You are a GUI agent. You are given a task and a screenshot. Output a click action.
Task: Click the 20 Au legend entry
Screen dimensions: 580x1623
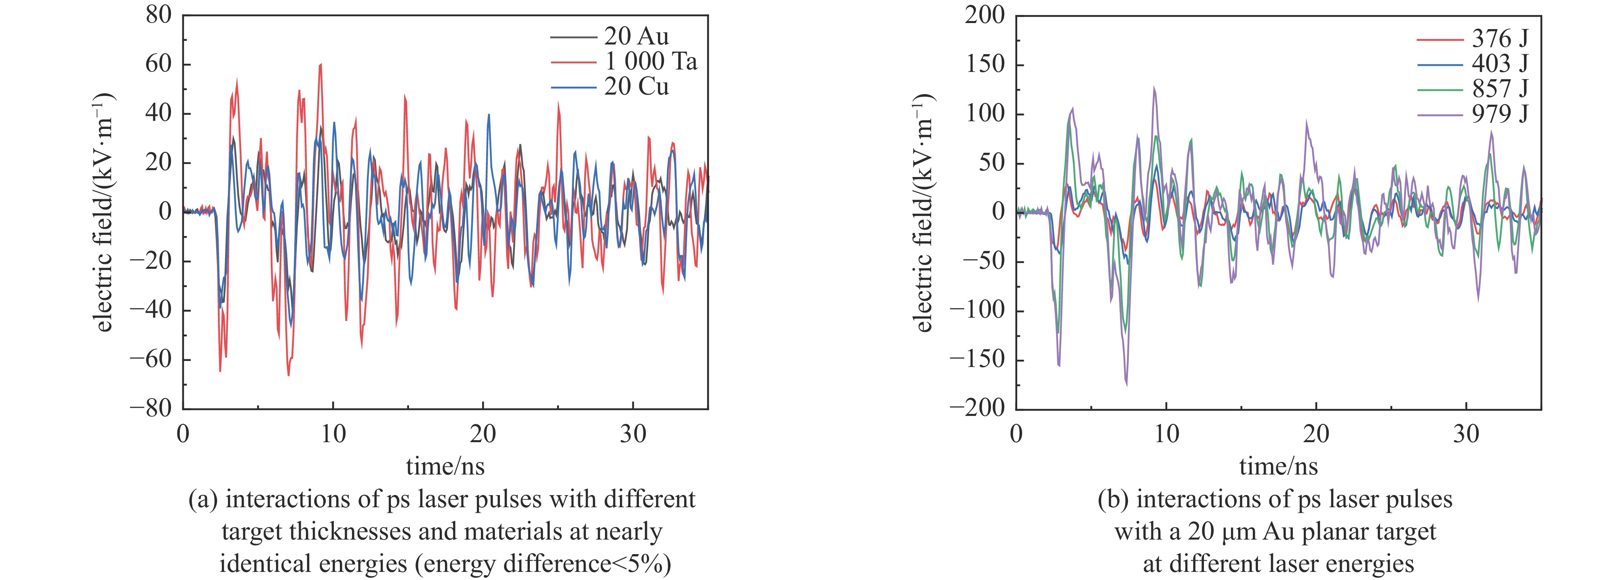point(637,36)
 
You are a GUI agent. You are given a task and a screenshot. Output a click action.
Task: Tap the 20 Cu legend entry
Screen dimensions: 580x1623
point(637,87)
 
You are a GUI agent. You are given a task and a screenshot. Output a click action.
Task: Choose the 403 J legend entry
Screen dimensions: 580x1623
point(1499,64)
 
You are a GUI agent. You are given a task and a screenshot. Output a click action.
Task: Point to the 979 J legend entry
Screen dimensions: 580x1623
point(1499,114)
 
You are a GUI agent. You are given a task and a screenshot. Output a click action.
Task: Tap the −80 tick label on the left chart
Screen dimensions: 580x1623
point(151,409)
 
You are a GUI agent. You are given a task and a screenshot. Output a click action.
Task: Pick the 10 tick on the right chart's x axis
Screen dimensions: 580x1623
point(1166,434)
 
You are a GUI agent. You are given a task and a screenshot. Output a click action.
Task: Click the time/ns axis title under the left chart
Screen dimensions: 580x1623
point(445,466)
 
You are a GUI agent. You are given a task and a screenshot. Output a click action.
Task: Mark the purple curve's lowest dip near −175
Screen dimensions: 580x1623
point(1127,384)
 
